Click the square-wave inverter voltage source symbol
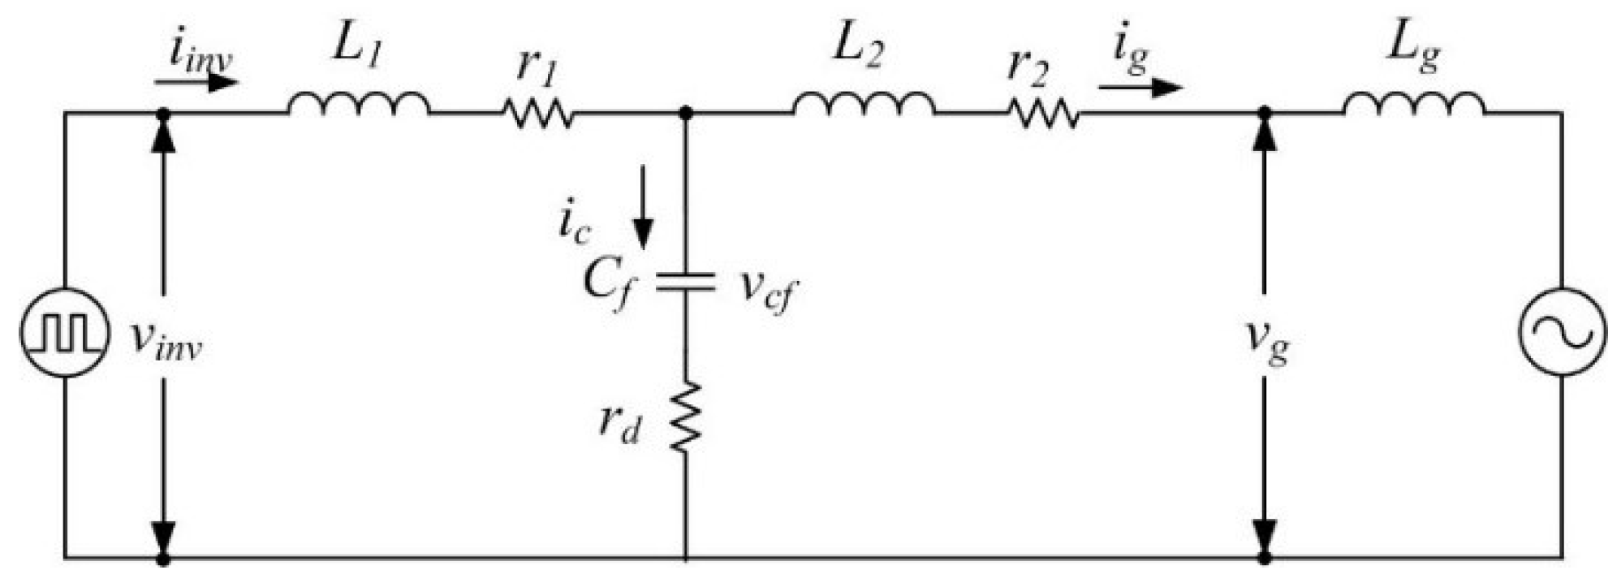63,332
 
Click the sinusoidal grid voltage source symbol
1561,332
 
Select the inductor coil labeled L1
358,104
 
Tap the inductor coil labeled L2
863,104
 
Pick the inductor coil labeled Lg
1413,104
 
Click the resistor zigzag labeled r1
538,113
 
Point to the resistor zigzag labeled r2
1044,113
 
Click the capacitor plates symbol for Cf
686,282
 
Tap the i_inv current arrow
196,82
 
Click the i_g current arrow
1140,85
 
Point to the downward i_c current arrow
643,206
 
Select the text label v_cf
766,288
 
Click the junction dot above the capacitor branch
686,113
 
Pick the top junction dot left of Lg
1264,113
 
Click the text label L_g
1413,47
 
